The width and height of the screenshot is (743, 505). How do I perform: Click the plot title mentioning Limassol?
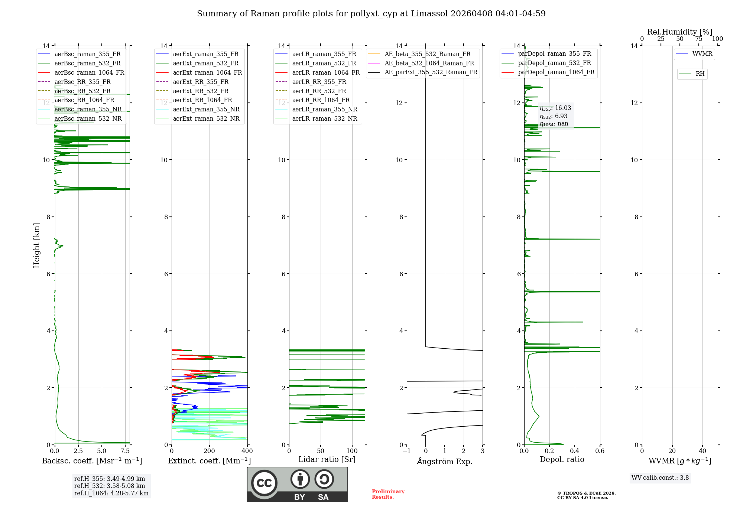371,14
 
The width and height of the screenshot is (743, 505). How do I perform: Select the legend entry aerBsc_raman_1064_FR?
89,72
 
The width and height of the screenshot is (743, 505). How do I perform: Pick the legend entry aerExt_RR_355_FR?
201,82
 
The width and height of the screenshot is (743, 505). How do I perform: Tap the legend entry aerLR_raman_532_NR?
324,118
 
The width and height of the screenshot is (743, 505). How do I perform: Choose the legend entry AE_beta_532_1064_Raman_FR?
429,63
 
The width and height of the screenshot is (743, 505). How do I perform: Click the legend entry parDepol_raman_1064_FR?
556,72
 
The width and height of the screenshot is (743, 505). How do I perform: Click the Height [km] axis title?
36,245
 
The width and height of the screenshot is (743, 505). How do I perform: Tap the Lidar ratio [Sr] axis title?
327,459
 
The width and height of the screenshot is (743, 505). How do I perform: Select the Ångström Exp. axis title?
445,461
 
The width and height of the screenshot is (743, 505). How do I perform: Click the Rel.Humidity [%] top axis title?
679,32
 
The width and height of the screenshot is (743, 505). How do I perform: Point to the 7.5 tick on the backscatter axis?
125,451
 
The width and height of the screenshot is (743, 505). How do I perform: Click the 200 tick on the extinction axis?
210,451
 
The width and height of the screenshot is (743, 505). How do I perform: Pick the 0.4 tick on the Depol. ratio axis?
575,451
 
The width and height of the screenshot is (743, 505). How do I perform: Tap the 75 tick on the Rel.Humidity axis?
698,39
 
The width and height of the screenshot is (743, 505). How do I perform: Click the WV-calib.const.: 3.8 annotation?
660,478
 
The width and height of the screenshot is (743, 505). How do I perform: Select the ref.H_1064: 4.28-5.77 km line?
111,493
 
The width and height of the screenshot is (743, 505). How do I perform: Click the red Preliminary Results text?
388,494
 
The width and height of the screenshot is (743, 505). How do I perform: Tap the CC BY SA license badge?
297,485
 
